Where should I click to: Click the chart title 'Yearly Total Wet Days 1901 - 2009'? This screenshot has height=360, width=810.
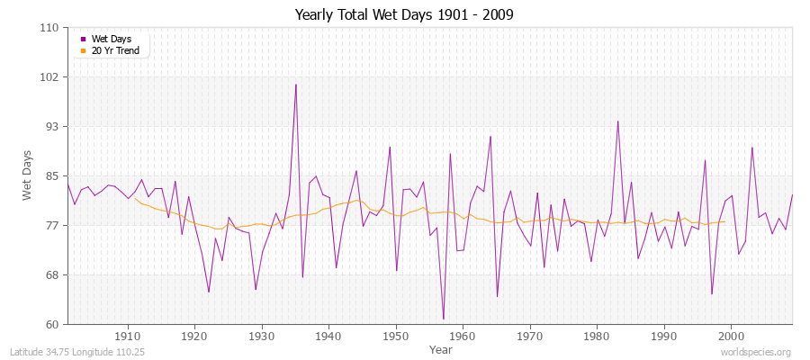(x=404, y=15)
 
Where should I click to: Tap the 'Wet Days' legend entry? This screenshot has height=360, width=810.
(x=111, y=39)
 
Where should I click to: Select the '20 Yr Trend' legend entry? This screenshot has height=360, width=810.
(x=115, y=51)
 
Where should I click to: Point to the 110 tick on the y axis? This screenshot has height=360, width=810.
(x=50, y=28)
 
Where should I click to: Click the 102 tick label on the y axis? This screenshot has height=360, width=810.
(x=50, y=77)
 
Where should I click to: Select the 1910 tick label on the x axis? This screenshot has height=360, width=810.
(x=127, y=336)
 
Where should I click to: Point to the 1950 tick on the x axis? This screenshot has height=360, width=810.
(x=395, y=336)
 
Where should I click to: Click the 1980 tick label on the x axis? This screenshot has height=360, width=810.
(x=597, y=336)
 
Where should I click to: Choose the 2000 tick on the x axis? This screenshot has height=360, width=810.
(x=731, y=336)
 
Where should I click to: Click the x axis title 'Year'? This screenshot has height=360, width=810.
(x=441, y=348)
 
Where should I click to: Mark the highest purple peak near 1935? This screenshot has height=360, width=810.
(x=296, y=85)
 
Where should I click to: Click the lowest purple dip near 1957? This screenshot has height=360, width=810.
(x=444, y=319)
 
